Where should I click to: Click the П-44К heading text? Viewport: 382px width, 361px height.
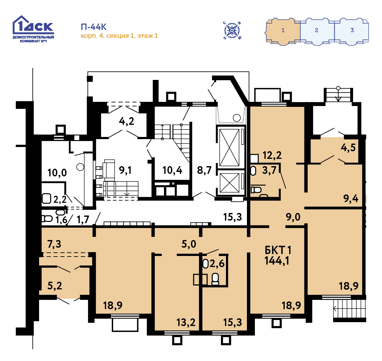(x=93, y=27)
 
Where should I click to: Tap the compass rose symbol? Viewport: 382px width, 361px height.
(x=232, y=31)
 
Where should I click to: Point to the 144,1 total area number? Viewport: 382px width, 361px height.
(x=277, y=261)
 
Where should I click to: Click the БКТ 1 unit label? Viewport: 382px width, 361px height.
(x=278, y=250)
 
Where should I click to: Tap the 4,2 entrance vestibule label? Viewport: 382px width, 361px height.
(x=126, y=121)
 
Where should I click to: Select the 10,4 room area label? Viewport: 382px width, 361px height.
(x=172, y=170)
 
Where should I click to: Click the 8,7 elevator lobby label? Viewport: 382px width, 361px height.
(x=204, y=170)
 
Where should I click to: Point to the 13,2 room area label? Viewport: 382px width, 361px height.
(x=186, y=322)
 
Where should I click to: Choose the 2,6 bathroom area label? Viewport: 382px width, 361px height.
(x=217, y=264)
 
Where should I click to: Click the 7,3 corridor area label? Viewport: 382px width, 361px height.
(x=54, y=244)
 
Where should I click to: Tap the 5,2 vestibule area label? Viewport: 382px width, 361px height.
(x=55, y=286)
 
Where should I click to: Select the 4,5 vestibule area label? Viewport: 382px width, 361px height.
(x=348, y=148)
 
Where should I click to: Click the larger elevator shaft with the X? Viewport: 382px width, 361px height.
(x=229, y=147)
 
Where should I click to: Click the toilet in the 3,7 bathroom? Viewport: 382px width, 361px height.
(x=256, y=190)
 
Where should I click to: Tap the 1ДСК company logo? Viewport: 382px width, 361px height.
(x=33, y=29)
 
